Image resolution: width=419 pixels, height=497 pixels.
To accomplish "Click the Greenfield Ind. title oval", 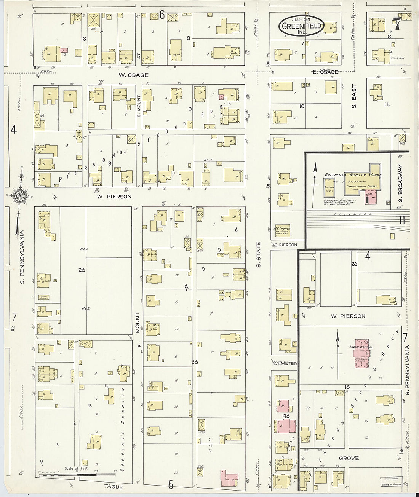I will [301, 26].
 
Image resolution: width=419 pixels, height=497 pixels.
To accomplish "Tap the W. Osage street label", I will [133, 75].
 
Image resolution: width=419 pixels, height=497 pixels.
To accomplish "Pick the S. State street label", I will [258, 254].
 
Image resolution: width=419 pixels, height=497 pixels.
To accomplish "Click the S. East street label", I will [354, 97].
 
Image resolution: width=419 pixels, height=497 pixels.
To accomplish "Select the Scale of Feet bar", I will [78, 475].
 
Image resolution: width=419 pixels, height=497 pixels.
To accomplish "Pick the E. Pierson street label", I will [285, 245].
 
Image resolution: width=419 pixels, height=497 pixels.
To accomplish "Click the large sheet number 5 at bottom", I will [171, 485].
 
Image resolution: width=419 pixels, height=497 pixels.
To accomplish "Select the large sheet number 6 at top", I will [162, 15].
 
